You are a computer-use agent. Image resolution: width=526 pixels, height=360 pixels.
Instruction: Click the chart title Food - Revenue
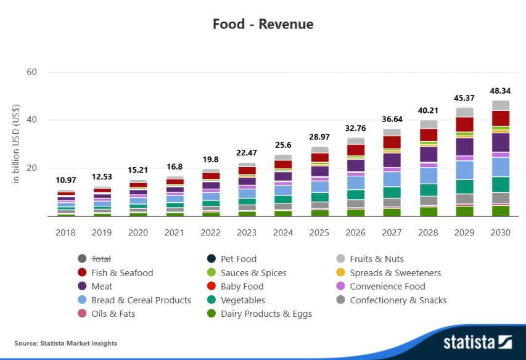point(263,24)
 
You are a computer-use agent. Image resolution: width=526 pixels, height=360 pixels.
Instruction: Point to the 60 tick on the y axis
point(31,72)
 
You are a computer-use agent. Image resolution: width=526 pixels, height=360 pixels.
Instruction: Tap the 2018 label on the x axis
point(65,232)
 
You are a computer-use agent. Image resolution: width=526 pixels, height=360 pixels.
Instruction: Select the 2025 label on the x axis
point(319,232)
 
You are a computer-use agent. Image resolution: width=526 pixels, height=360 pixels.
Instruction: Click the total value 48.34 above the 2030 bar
point(500,91)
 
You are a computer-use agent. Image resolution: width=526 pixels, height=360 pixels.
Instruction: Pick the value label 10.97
point(66,180)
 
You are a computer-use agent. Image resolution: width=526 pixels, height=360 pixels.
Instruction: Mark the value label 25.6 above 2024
point(283,145)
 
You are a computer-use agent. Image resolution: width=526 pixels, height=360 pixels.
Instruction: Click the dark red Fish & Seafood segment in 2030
point(500,118)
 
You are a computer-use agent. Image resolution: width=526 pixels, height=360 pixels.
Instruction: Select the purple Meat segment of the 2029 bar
point(464,147)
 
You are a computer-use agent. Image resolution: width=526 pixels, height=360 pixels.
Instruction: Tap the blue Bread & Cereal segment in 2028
point(428,176)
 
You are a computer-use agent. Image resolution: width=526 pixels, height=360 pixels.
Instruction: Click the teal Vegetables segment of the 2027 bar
point(392,192)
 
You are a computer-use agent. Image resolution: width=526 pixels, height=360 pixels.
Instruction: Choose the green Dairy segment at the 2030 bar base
point(500,211)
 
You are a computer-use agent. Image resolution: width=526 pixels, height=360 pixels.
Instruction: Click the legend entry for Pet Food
point(238,259)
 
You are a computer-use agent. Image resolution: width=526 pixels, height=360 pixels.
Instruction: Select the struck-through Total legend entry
point(101,259)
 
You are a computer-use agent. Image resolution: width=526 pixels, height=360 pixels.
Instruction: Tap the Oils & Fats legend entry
point(113,313)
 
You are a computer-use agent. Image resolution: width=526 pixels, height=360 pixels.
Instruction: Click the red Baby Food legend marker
point(212,286)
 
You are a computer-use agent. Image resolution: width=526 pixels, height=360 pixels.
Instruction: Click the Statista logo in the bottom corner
point(477,342)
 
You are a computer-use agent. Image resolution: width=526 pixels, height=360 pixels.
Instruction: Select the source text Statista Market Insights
point(66,343)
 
